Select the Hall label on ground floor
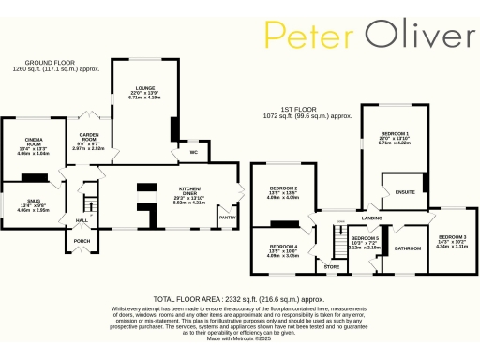82,220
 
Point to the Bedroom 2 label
282,188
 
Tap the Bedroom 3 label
452,236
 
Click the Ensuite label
405,193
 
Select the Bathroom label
407,248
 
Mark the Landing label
371,218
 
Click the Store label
331,266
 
